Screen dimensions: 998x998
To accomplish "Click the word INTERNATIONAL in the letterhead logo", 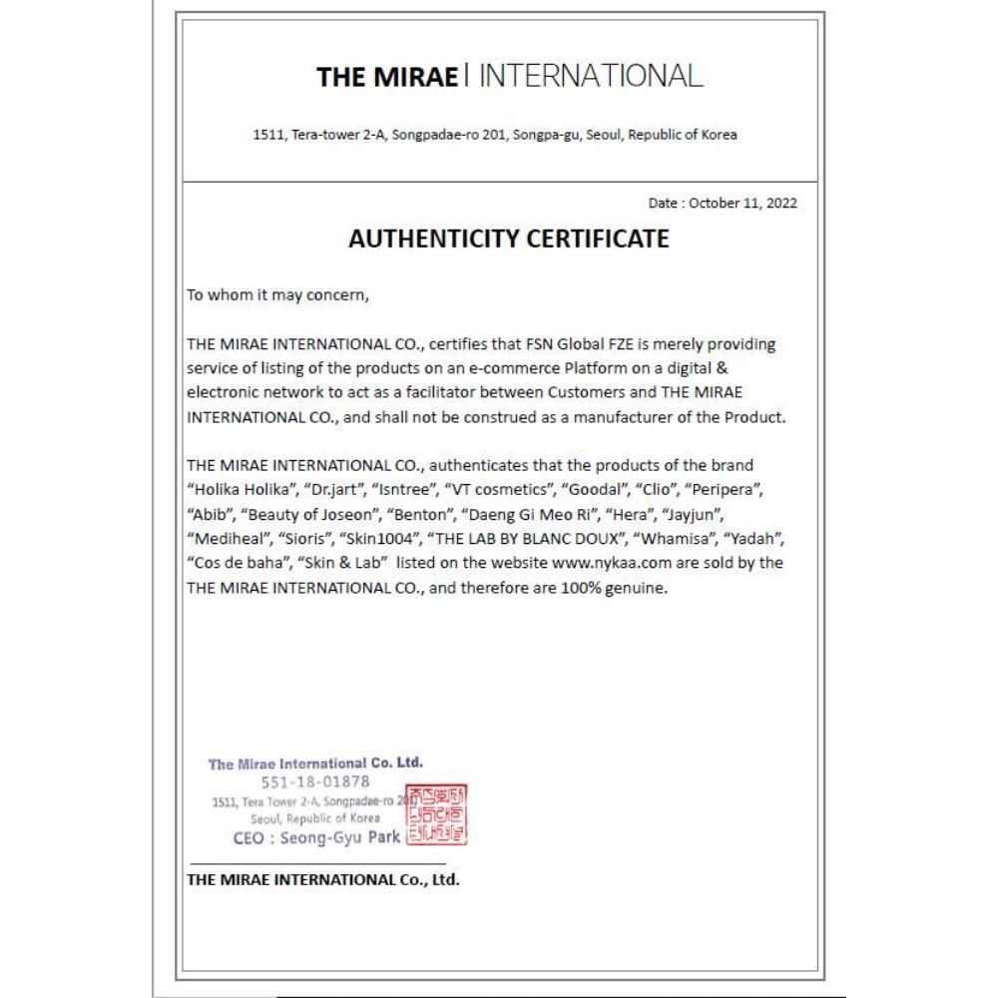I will pos(591,76).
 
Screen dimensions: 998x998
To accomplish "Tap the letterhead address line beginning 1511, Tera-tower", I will pos(496,135).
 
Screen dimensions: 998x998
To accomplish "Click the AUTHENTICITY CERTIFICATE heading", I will pos(508,240).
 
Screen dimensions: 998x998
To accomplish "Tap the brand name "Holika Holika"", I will pos(240,491).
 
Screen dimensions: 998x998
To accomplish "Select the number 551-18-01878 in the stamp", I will pos(315,781).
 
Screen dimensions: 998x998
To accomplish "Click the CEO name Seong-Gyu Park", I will pos(316,837).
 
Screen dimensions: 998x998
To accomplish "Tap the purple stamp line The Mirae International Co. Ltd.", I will pos(315,764).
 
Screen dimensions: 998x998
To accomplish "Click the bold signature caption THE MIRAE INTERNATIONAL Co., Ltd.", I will pos(323,879).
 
